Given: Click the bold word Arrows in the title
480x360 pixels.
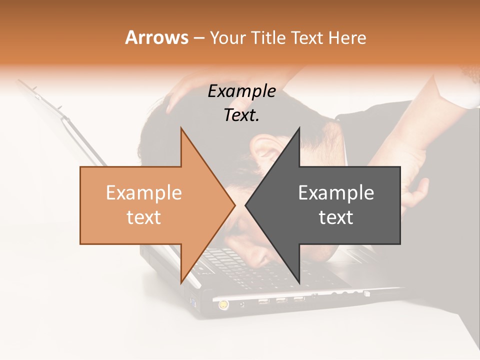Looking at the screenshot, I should tap(156, 37).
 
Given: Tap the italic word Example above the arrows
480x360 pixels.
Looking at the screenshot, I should tap(241, 91).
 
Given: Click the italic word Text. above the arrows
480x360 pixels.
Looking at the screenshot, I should tap(241, 115).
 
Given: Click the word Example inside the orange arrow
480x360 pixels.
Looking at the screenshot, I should tap(144, 193).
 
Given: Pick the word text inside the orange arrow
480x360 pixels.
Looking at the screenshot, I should tap(144, 217).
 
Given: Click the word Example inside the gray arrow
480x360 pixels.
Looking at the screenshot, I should tap(336, 193).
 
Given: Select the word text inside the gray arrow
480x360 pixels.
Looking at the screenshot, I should tap(336, 217).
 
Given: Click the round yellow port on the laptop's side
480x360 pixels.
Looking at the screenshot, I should tap(222, 303).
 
